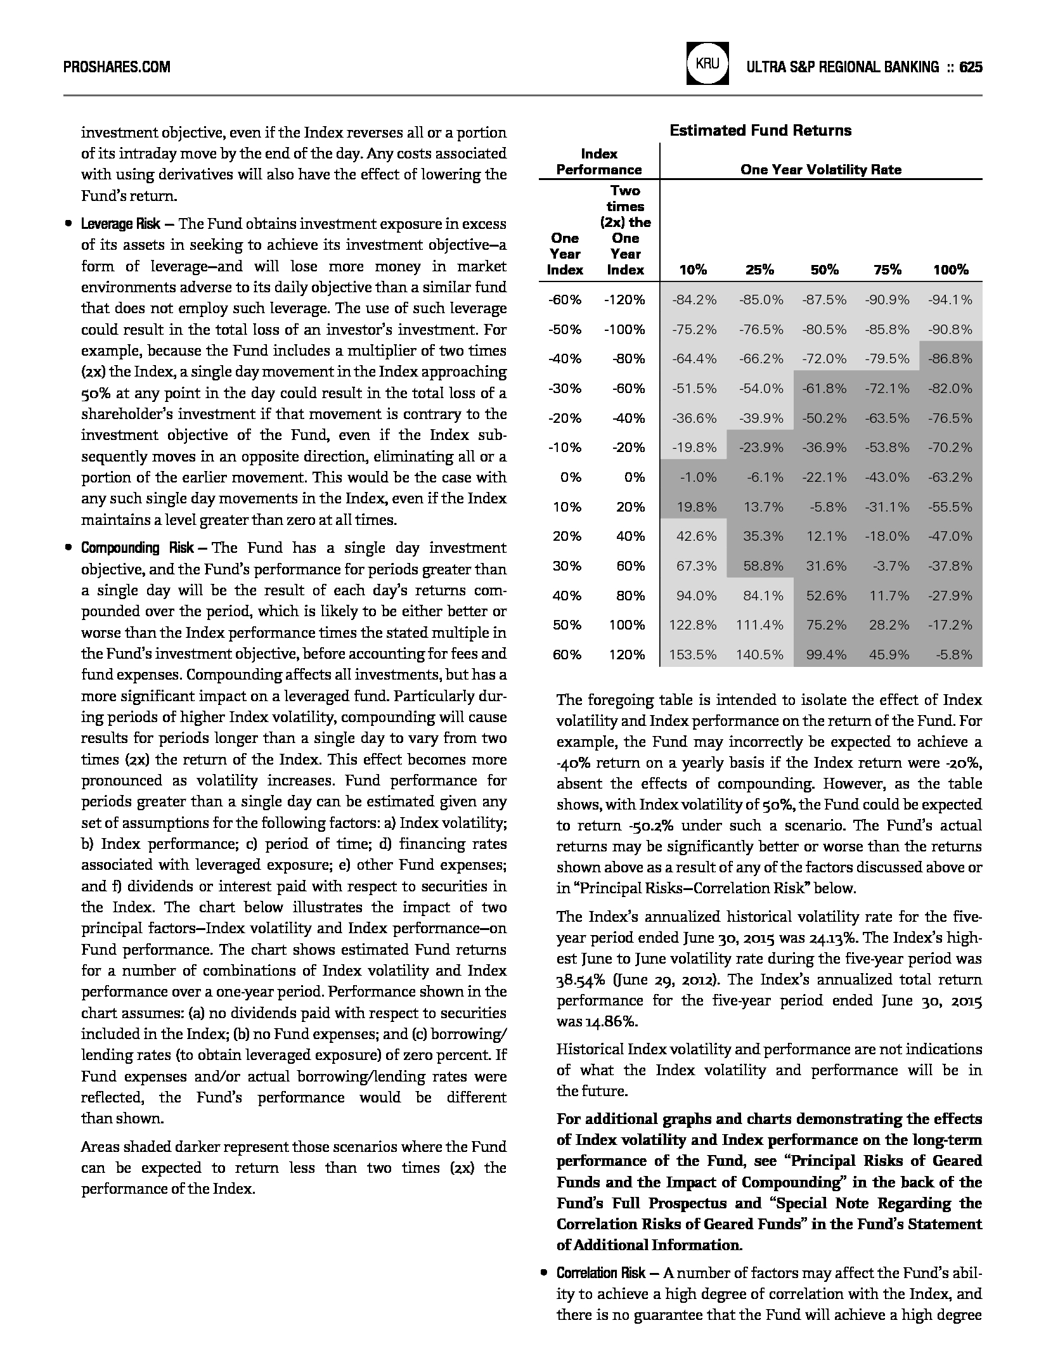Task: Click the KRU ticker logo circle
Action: pyautogui.click(x=707, y=64)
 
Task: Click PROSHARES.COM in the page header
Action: pyautogui.click(x=117, y=67)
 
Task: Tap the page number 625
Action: pyautogui.click(x=971, y=67)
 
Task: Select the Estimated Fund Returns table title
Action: pyautogui.click(x=760, y=131)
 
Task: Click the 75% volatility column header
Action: pyautogui.click(x=887, y=270)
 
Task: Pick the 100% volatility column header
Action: pyautogui.click(x=950, y=270)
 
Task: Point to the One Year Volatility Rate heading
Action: pyautogui.click(x=820, y=170)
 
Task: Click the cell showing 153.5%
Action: pyautogui.click(x=693, y=655)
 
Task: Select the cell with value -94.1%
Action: pyautogui.click(x=950, y=300)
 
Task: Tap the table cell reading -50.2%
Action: pyautogui.click(x=824, y=418)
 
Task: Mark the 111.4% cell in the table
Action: pyautogui.click(x=759, y=625)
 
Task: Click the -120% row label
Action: pyautogui.click(x=624, y=300)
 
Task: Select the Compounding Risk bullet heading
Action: pyautogui.click(x=129, y=548)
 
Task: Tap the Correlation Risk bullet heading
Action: pyautogui.click(x=600, y=1274)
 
